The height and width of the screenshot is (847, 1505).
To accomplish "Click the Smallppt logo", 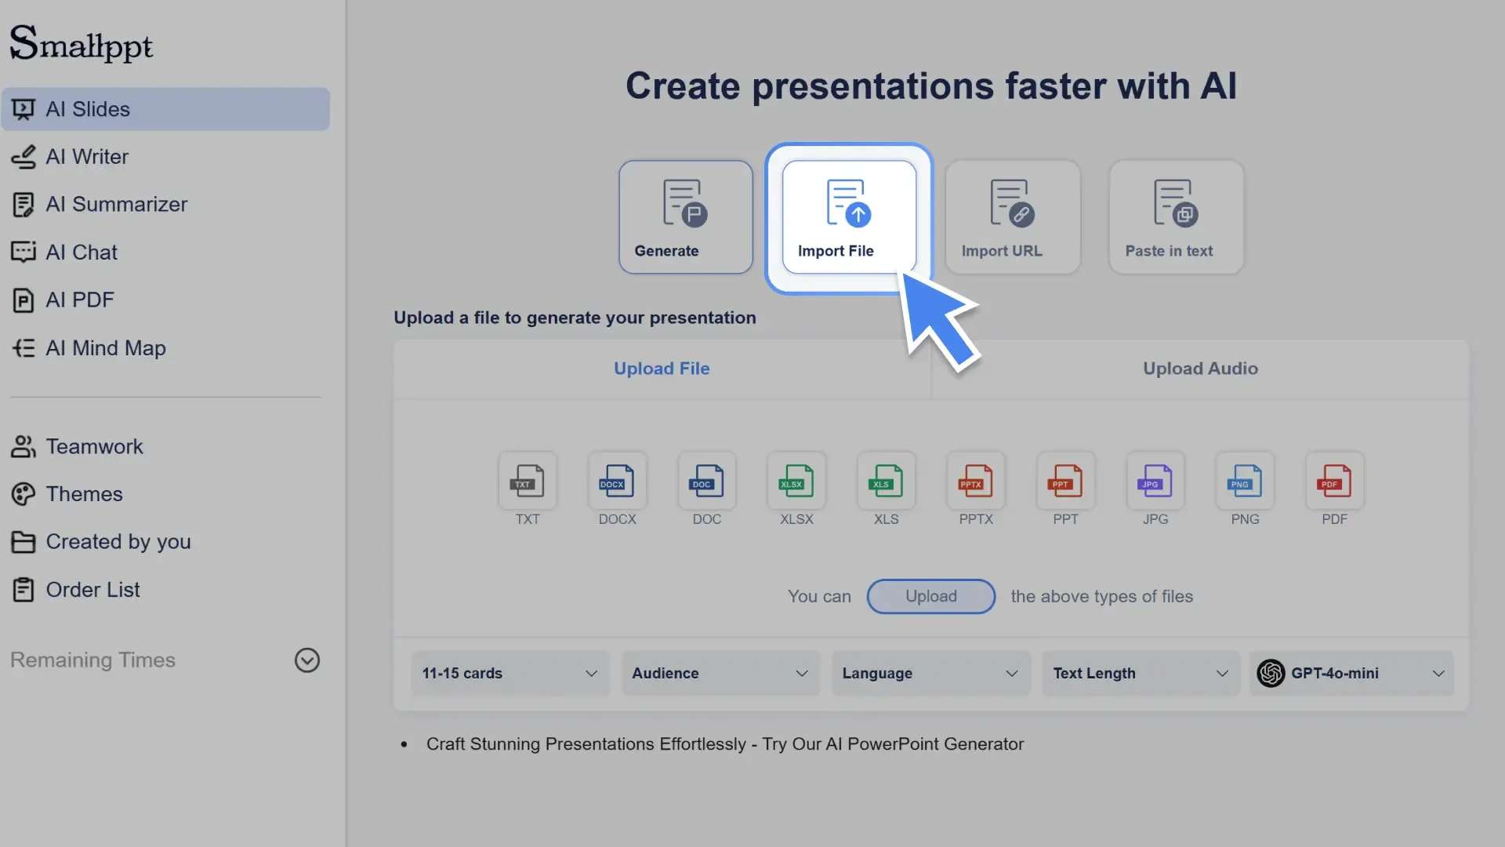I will (81, 44).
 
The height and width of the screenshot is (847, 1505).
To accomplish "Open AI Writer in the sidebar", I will (86, 157).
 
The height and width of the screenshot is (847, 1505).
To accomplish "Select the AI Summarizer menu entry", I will (116, 205).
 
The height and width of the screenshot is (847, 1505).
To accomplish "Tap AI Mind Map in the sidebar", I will (105, 348).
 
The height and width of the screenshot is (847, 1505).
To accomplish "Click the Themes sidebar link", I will (84, 494).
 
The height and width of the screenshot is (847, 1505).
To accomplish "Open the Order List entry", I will (92, 590).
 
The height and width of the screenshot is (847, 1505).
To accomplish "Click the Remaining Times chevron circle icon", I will (306, 660).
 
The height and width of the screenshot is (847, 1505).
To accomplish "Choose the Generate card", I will (685, 217).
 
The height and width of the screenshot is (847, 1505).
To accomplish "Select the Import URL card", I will (1012, 217).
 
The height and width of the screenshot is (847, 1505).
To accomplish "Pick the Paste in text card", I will (1176, 217).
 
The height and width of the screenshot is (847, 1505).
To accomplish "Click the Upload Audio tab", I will (1199, 369).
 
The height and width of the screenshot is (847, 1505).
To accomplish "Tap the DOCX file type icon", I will (617, 482).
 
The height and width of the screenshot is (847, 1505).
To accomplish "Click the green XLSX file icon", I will (796, 482).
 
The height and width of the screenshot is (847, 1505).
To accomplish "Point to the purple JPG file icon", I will (1155, 482).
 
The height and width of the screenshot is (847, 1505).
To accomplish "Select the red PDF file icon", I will (1334, 482).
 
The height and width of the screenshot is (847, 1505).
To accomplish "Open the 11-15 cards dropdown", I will (510, 674).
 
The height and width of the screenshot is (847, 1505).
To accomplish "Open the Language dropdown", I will (930, 674).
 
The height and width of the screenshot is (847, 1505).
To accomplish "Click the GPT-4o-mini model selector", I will (1351, 674).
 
